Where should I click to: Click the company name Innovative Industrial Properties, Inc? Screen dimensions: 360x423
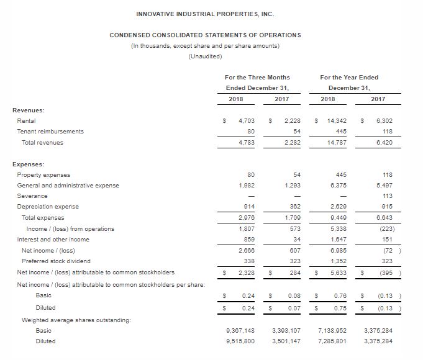tap(205, 14)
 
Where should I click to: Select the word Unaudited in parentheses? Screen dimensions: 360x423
tap(205, 56)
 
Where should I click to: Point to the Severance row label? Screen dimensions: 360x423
tap(32, 196)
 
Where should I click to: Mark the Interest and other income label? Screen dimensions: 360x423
tap(53, 240)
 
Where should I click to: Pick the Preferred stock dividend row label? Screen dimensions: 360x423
tap(53, 261)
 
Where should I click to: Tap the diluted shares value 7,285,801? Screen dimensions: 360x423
tap(332, 341)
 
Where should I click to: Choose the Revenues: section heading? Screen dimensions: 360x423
tap(29, 110)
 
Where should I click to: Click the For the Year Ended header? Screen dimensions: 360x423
tap(349, 77)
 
